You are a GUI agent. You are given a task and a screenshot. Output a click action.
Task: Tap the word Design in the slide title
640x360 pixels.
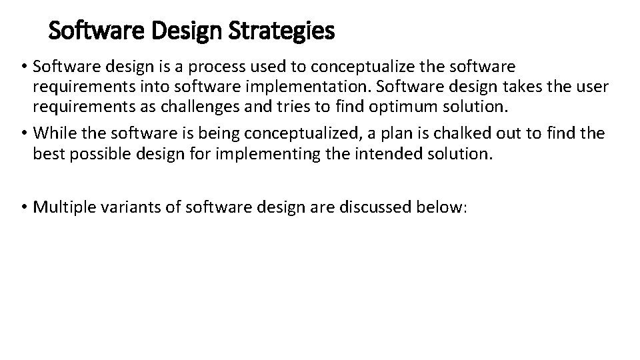pos(195,30)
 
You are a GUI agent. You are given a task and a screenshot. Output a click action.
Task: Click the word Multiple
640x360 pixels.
pos(61,207)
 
